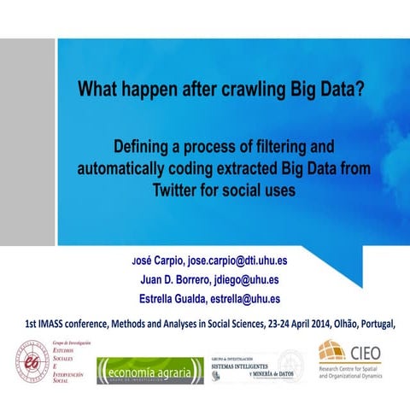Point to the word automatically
pos(150,168)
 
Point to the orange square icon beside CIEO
pos(331,351)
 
